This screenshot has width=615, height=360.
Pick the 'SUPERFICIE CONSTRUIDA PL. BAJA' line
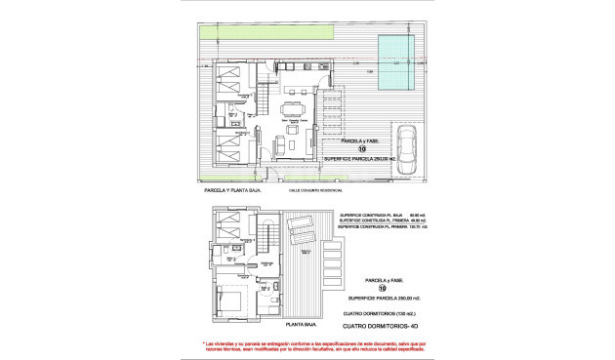[x=380, y=216]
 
